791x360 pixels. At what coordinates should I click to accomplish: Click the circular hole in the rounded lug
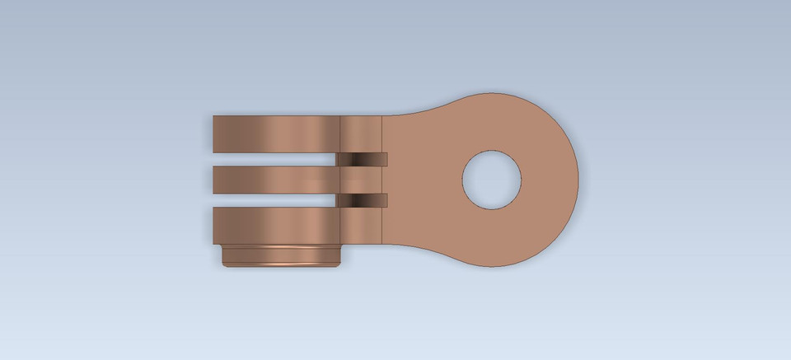493,179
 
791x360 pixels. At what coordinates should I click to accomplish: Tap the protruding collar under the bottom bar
281,255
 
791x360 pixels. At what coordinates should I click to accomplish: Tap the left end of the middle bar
216,179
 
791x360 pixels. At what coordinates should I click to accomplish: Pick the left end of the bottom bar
216,225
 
